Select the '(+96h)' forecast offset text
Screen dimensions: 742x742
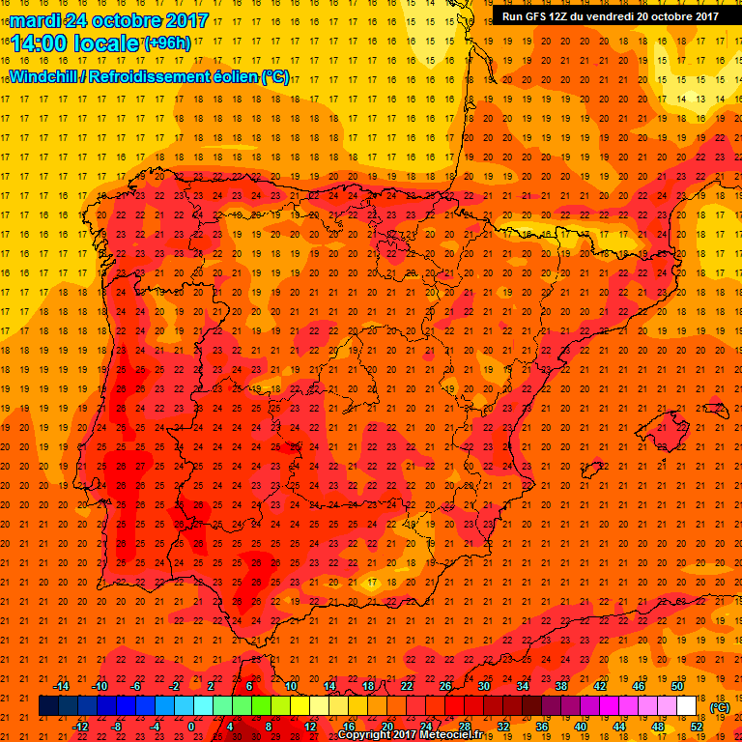166,43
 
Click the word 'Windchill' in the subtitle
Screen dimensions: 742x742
46,77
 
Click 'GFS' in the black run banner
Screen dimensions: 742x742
541,16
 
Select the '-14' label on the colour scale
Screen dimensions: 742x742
61,686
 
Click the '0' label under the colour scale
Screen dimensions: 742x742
191,727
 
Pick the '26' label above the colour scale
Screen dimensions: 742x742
444,686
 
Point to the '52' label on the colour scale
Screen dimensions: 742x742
697,727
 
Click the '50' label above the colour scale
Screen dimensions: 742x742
677,686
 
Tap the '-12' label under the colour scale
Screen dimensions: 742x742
80,727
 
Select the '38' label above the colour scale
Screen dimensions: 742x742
560,686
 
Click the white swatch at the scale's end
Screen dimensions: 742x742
686,706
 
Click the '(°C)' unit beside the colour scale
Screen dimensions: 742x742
719,706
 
